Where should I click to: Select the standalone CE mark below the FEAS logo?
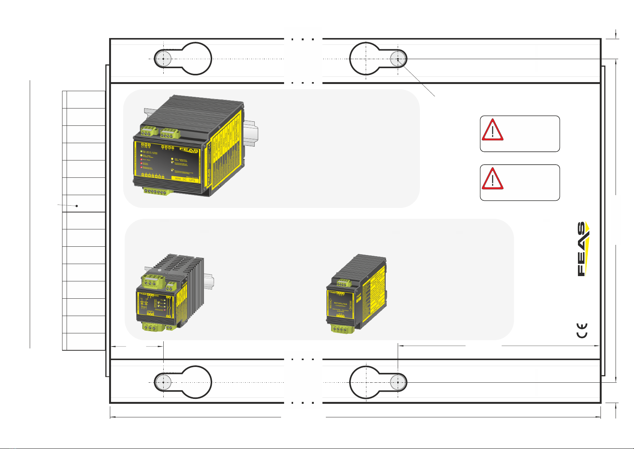point(582,331)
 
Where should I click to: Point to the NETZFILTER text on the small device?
point(341,303)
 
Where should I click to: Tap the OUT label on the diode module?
point(150,311)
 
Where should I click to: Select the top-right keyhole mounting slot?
point(378,59)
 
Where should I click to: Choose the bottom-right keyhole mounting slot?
point(378,382)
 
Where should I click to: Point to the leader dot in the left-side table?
point(77,206)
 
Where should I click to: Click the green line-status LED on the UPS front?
point(141,151)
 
